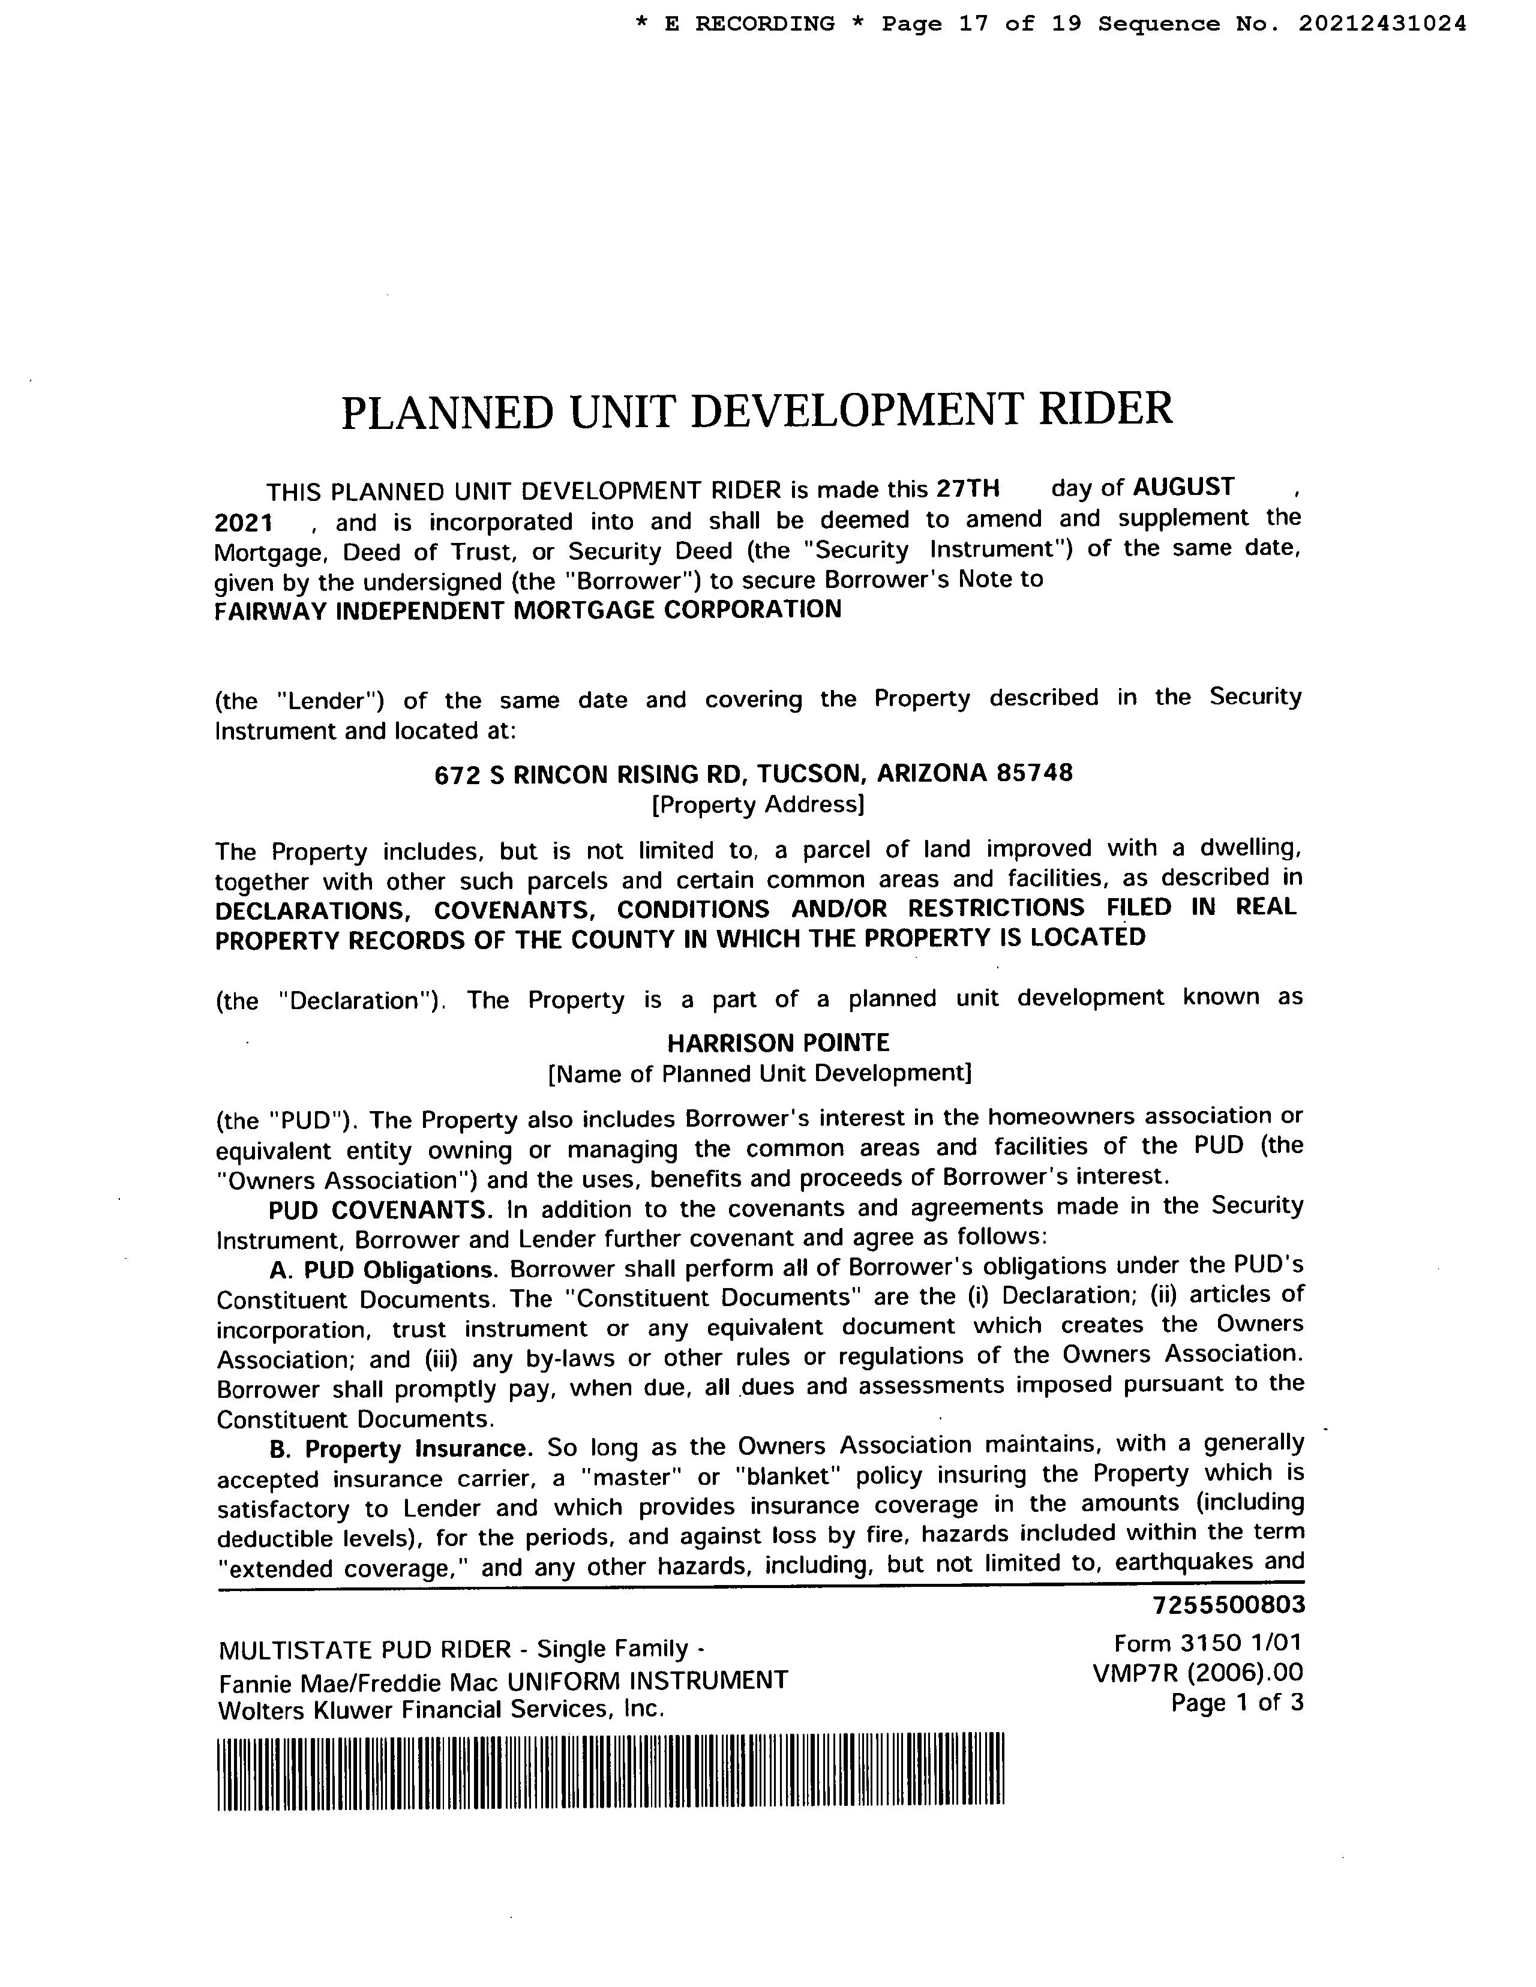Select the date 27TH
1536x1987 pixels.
point(968,490)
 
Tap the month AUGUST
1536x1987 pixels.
point(1183,488)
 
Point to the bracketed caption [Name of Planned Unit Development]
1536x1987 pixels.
point(759,1073)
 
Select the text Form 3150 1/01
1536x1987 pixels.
point(1208,1643)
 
